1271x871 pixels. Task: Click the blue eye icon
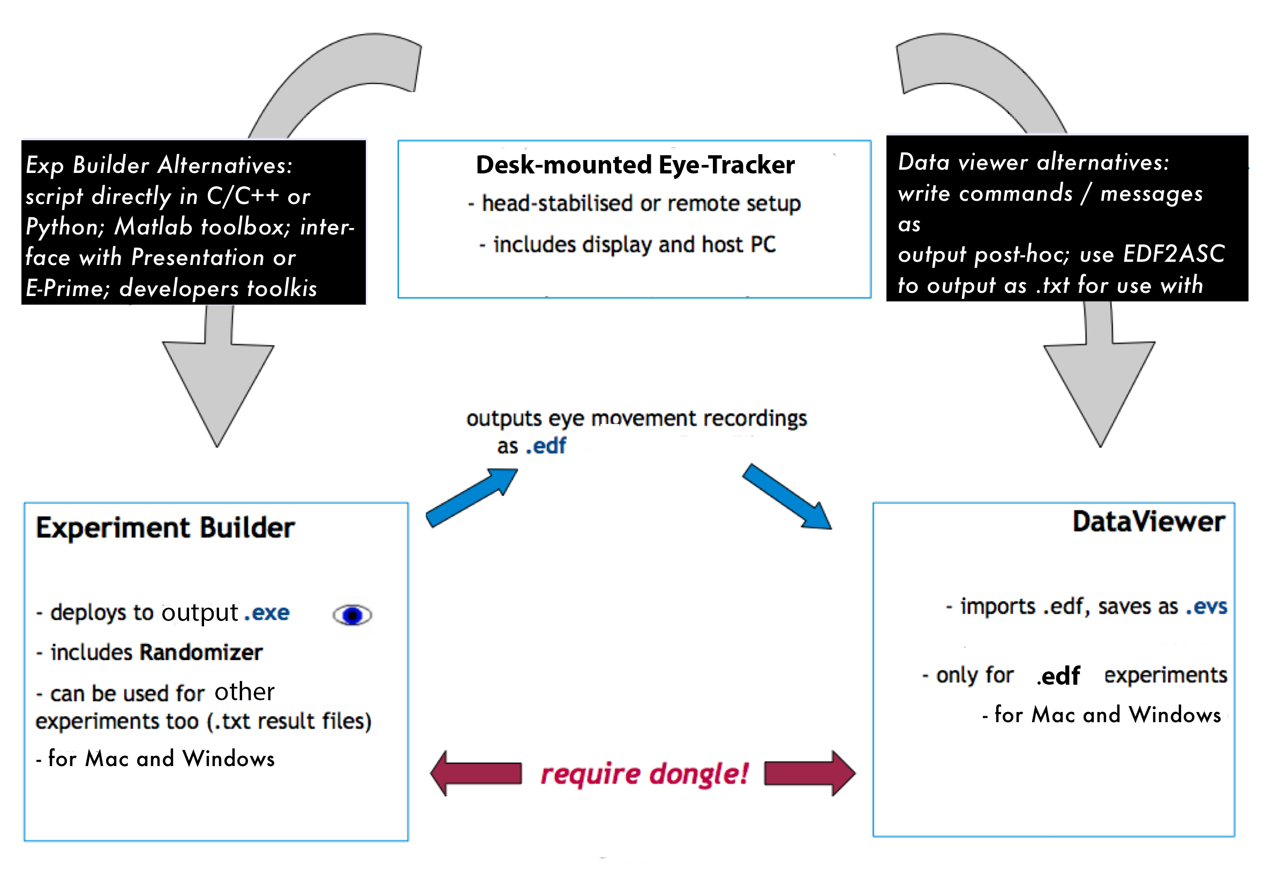tap(352, 615)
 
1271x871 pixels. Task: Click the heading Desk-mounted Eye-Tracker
tap(634, 165)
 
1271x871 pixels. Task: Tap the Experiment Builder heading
tap(165, 528)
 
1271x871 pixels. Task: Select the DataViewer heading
tap(1148, 521)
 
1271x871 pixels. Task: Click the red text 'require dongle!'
tap(644, 774)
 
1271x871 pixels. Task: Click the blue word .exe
tap(267, 613)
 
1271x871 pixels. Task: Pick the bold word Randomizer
tap(201, 653)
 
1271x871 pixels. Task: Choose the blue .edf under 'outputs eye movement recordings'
tap(545, 446)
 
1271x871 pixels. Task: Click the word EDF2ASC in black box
tap(1174, 254)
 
